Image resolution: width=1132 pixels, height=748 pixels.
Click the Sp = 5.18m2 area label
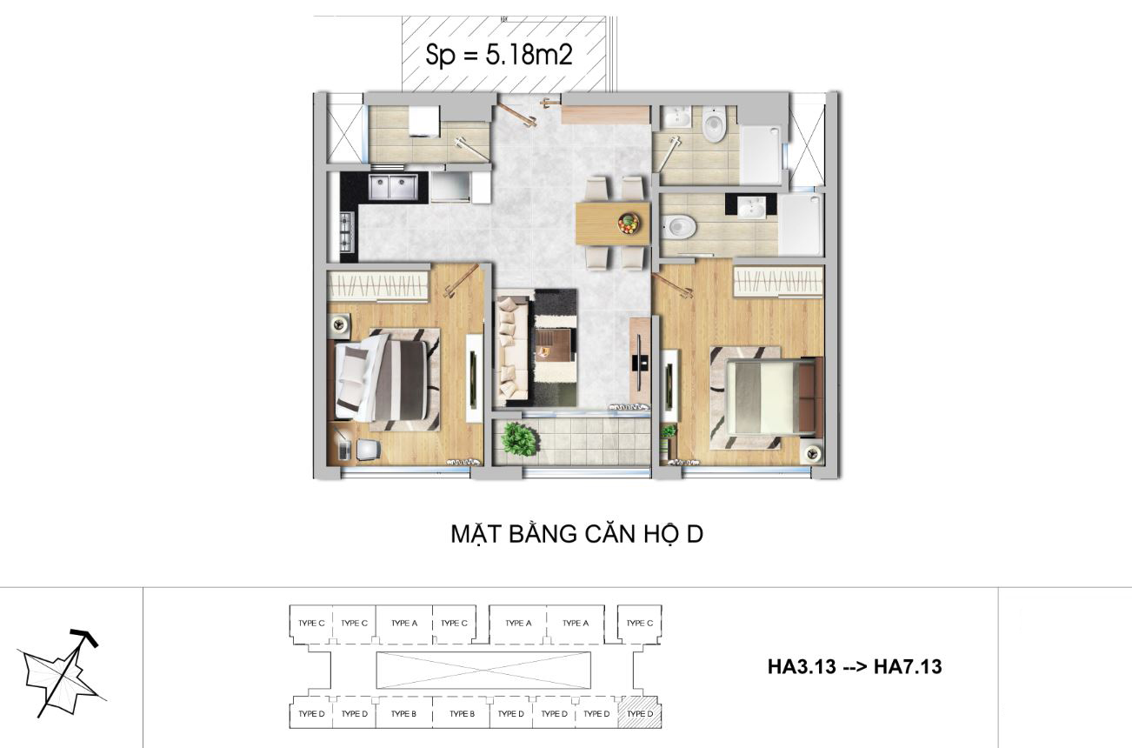(x=499, y=55)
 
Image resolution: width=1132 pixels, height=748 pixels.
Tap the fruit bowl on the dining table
(x=629, y=224)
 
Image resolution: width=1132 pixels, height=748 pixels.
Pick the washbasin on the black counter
(x=751, y=206)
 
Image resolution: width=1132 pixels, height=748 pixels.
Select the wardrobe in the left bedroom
(x=378, y=285)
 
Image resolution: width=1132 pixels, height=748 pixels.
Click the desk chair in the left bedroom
(x=369, y=449)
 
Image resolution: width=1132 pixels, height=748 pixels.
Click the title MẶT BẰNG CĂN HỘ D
(x=576, y=534)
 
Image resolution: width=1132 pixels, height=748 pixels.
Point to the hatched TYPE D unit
(x=640, y=713)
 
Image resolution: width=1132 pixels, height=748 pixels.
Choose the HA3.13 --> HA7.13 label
(x=855, y=667)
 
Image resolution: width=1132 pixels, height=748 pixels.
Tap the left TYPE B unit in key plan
(x=403, y=713)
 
